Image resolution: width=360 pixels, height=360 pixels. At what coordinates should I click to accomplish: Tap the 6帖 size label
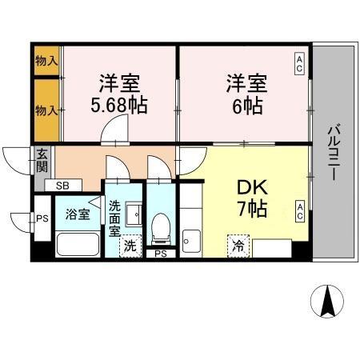(245, 106)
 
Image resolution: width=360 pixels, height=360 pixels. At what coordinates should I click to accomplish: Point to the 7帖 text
(251, 210)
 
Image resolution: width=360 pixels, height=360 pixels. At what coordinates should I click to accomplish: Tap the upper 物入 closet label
(46, 61)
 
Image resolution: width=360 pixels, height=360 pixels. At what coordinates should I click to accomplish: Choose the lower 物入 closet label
(46, 110)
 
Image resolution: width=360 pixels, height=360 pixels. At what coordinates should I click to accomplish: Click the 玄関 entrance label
(42, 162)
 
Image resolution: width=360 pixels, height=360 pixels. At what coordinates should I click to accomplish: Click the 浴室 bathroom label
(77, 214)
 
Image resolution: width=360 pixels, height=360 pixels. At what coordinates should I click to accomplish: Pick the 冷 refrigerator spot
(238, 246)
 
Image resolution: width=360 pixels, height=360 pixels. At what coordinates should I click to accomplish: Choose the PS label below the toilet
(161, 254)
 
